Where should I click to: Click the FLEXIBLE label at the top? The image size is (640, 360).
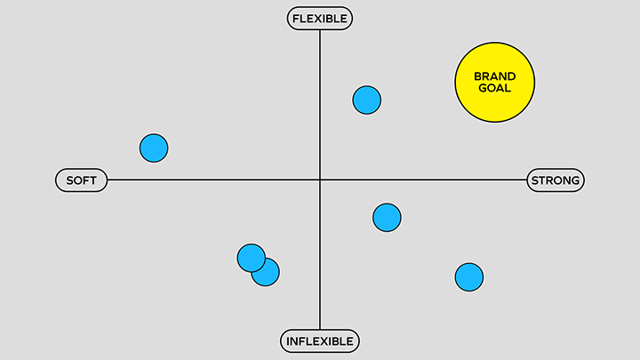(x=320, y=19)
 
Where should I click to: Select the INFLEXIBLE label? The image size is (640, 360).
(x=320, y=341)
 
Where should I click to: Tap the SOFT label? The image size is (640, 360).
(x=82, y=180)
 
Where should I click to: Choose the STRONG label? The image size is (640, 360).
(x=556, y=180)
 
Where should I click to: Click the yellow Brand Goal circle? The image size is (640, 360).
(x=495, y=82)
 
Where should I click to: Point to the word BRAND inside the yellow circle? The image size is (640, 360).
(x=495, y=76)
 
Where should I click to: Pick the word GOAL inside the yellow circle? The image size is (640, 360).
(x=495, y=88)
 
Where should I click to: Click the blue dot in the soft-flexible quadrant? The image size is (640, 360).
(x=154, y=148)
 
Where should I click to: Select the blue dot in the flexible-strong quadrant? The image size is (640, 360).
(x=367, y=100)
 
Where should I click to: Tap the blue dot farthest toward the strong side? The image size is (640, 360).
(x=469, y=277)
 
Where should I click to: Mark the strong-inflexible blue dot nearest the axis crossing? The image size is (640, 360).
(x=387, y=218)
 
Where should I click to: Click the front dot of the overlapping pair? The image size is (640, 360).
(x=252, y=258)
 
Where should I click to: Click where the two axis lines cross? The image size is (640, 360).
(x=320, y=180)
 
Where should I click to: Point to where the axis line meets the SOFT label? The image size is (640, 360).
(x=108, y=180)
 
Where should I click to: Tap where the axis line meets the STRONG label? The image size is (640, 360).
(x=526, y=180)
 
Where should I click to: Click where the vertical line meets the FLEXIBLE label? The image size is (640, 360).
(x=320, y=30)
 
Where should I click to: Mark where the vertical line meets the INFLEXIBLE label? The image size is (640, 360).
(x=320, y=330)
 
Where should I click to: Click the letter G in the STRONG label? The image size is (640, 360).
(x=575, y=180)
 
